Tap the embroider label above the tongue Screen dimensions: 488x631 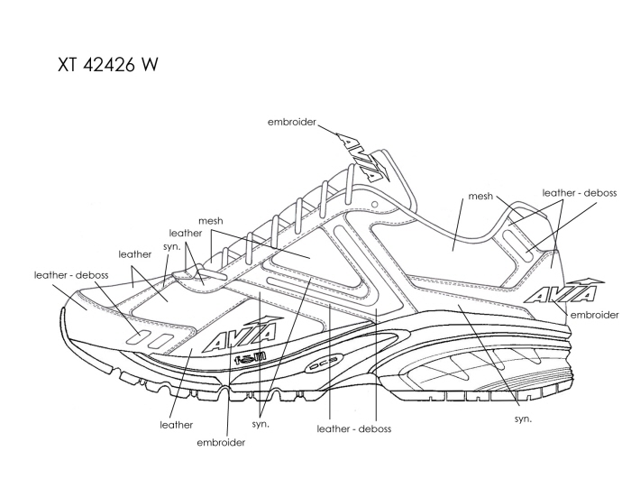click(x=292, y=121)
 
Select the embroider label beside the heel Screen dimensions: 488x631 click(x=594, y=315)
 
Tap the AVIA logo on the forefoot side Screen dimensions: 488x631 click(x=233, y=338)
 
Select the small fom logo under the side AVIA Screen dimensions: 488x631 click(x=249, y=358)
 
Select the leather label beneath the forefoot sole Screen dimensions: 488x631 click(x=177, y=424)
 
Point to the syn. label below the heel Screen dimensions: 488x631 click(x=522, y=419)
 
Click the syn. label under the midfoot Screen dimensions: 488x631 click(x=261, y=424)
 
